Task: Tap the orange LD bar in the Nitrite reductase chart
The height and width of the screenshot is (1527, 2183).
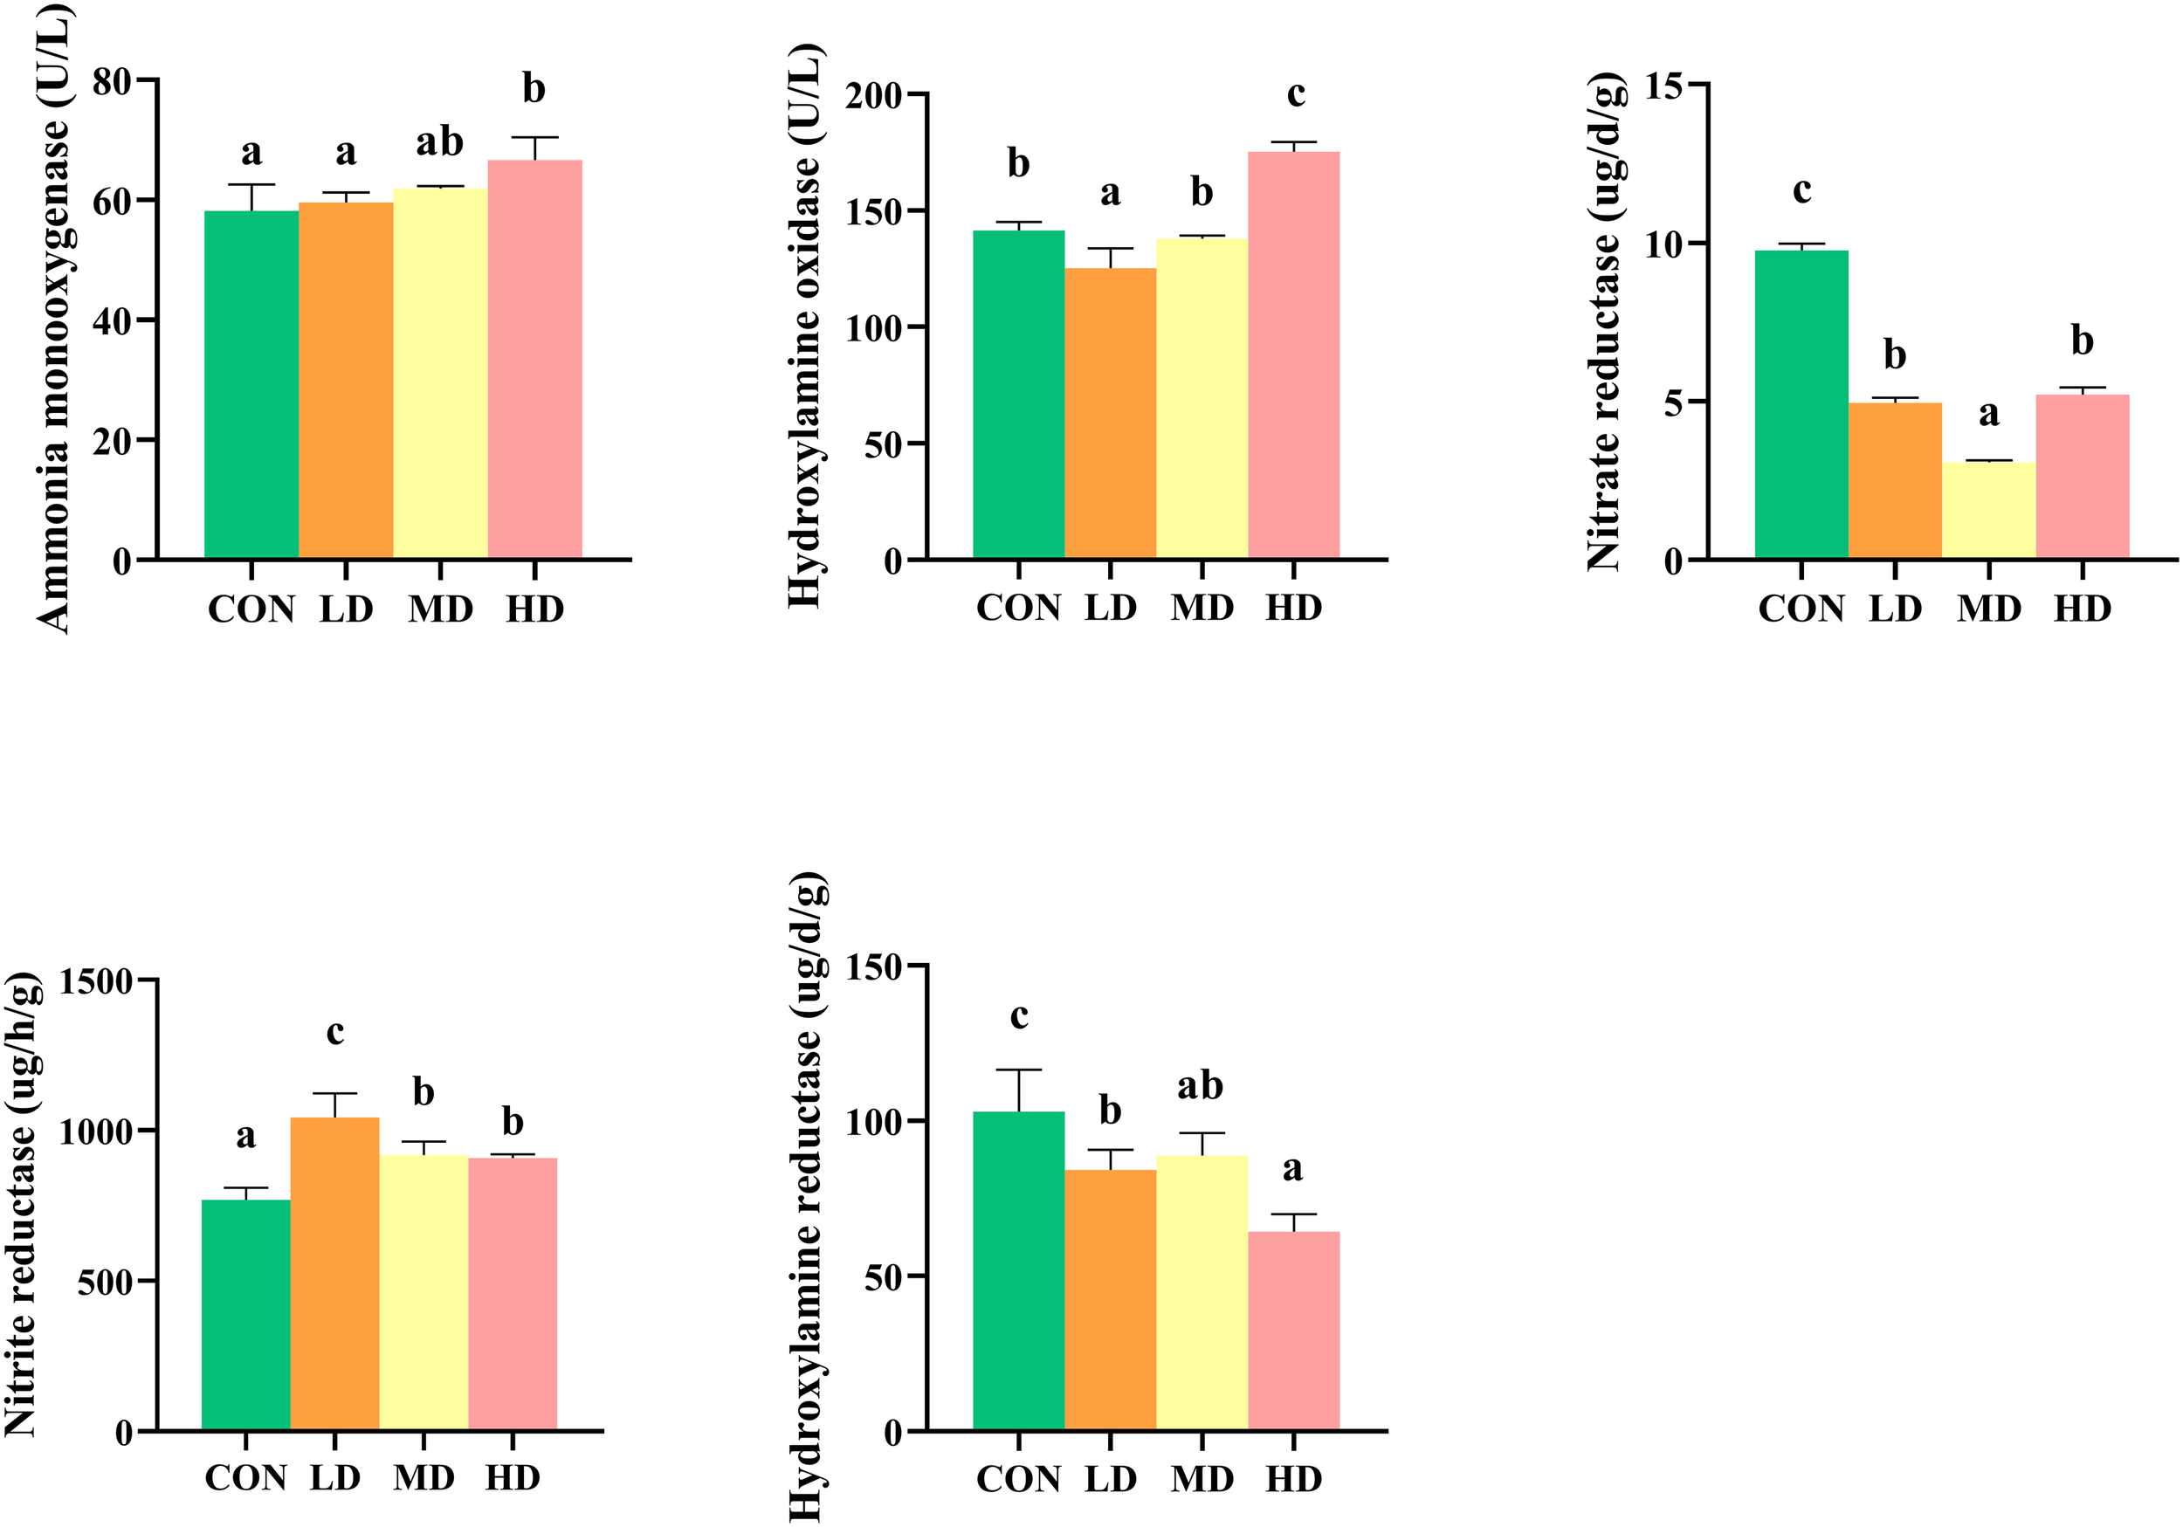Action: pos(334,1274)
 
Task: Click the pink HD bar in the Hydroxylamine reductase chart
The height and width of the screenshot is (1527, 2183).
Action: pos(1293,1331)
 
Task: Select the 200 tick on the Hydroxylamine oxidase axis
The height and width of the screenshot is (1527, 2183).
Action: pos(874,96)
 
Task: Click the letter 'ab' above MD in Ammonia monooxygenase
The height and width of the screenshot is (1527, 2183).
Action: pos(439,142)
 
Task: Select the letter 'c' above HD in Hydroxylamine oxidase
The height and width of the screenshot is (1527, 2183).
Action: pos(1295,94)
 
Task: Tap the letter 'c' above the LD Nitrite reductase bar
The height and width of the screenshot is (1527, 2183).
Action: pos(334,1032)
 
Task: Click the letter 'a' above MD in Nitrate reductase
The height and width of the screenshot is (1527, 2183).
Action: pos(1988,414)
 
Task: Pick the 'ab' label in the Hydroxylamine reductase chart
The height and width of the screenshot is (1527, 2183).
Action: pos(1200,1085)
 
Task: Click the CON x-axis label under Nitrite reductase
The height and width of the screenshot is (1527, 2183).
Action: pos(245,1477)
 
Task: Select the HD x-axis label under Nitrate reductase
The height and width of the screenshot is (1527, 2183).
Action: pos(2083,609)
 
